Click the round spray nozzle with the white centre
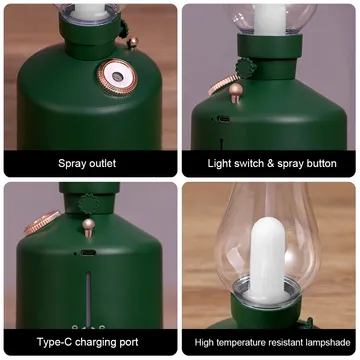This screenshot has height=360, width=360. pos(117,78)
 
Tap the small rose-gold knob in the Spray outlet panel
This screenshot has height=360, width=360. pos(133,42)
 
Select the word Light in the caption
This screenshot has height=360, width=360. pos(219,163)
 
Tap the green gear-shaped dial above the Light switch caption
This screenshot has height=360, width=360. pos(246,68)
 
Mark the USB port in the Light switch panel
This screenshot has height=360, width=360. pos(223,119)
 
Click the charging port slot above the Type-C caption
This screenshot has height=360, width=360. pos(88,252)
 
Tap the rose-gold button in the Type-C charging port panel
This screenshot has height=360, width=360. pos(89,228)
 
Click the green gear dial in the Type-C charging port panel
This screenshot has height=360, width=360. pos(89,203)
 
